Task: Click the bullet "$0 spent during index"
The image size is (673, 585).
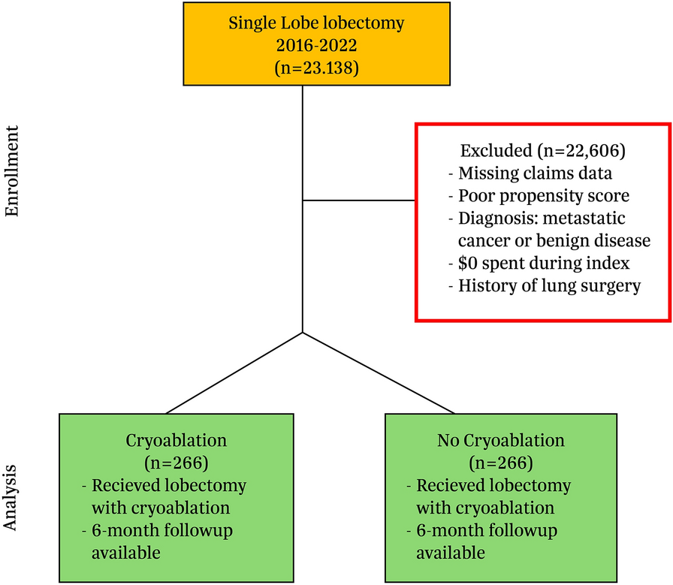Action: coord(539,264)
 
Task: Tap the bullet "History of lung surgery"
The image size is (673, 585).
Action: coord(544,286)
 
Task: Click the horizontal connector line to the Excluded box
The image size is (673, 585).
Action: coord(358,201)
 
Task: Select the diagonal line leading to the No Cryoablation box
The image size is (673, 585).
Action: coord(378,373)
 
